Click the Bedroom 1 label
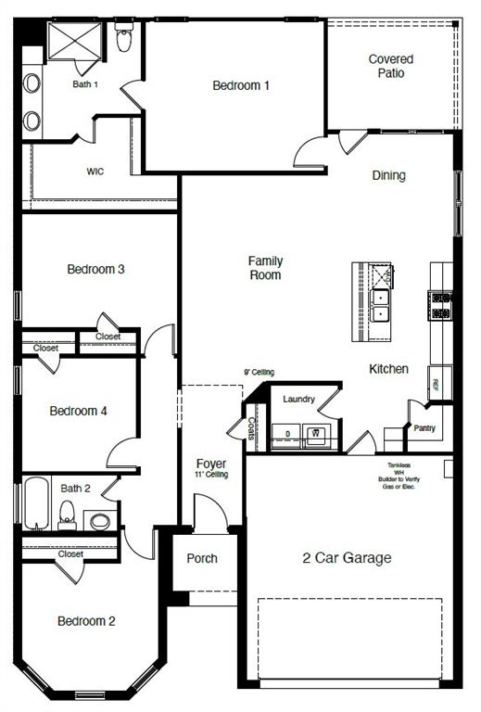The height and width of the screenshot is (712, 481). (241, 85)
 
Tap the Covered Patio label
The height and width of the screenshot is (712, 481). (390, 66)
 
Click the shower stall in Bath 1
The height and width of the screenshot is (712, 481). (73, 40)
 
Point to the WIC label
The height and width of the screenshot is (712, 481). (95, 172)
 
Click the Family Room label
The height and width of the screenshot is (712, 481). (265, 268)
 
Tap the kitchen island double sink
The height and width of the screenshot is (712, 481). (380, 305)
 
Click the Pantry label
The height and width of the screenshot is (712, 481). (424, 428)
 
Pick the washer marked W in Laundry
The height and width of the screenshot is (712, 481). (316, 434)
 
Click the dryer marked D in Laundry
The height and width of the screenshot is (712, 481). (288, 434)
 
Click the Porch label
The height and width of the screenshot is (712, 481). (202, 558)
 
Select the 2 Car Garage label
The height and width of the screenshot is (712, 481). (347, 558)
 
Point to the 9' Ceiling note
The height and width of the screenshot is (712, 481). (259, 372)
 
